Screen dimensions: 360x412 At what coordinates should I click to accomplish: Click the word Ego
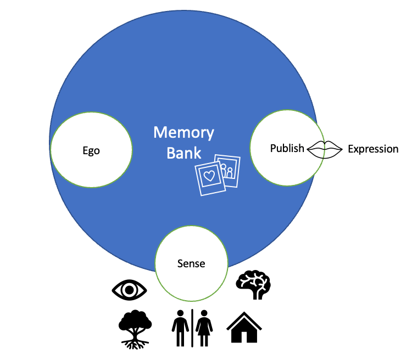[x=91, y=150]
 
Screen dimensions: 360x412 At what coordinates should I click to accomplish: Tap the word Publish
[x=287, y=148]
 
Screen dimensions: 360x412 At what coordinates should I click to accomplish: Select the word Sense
[x=191, y=263]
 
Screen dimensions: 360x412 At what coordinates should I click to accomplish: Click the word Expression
[x=373, y=149]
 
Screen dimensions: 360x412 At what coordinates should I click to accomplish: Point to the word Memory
[x=183, y=133]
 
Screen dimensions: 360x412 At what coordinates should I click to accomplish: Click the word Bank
[x=184, y=153]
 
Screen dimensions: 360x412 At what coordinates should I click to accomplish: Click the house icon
[x=243, y=328]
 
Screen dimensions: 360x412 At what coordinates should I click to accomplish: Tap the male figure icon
[x=179, y=328]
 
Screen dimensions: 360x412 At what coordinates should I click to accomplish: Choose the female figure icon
[x=205, y=328]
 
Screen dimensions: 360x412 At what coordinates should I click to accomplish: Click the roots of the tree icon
[x=135, y=343]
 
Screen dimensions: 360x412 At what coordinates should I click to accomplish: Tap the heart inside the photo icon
[x=209, y=176]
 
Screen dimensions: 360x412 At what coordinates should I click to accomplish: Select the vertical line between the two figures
[x=192, y=328]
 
